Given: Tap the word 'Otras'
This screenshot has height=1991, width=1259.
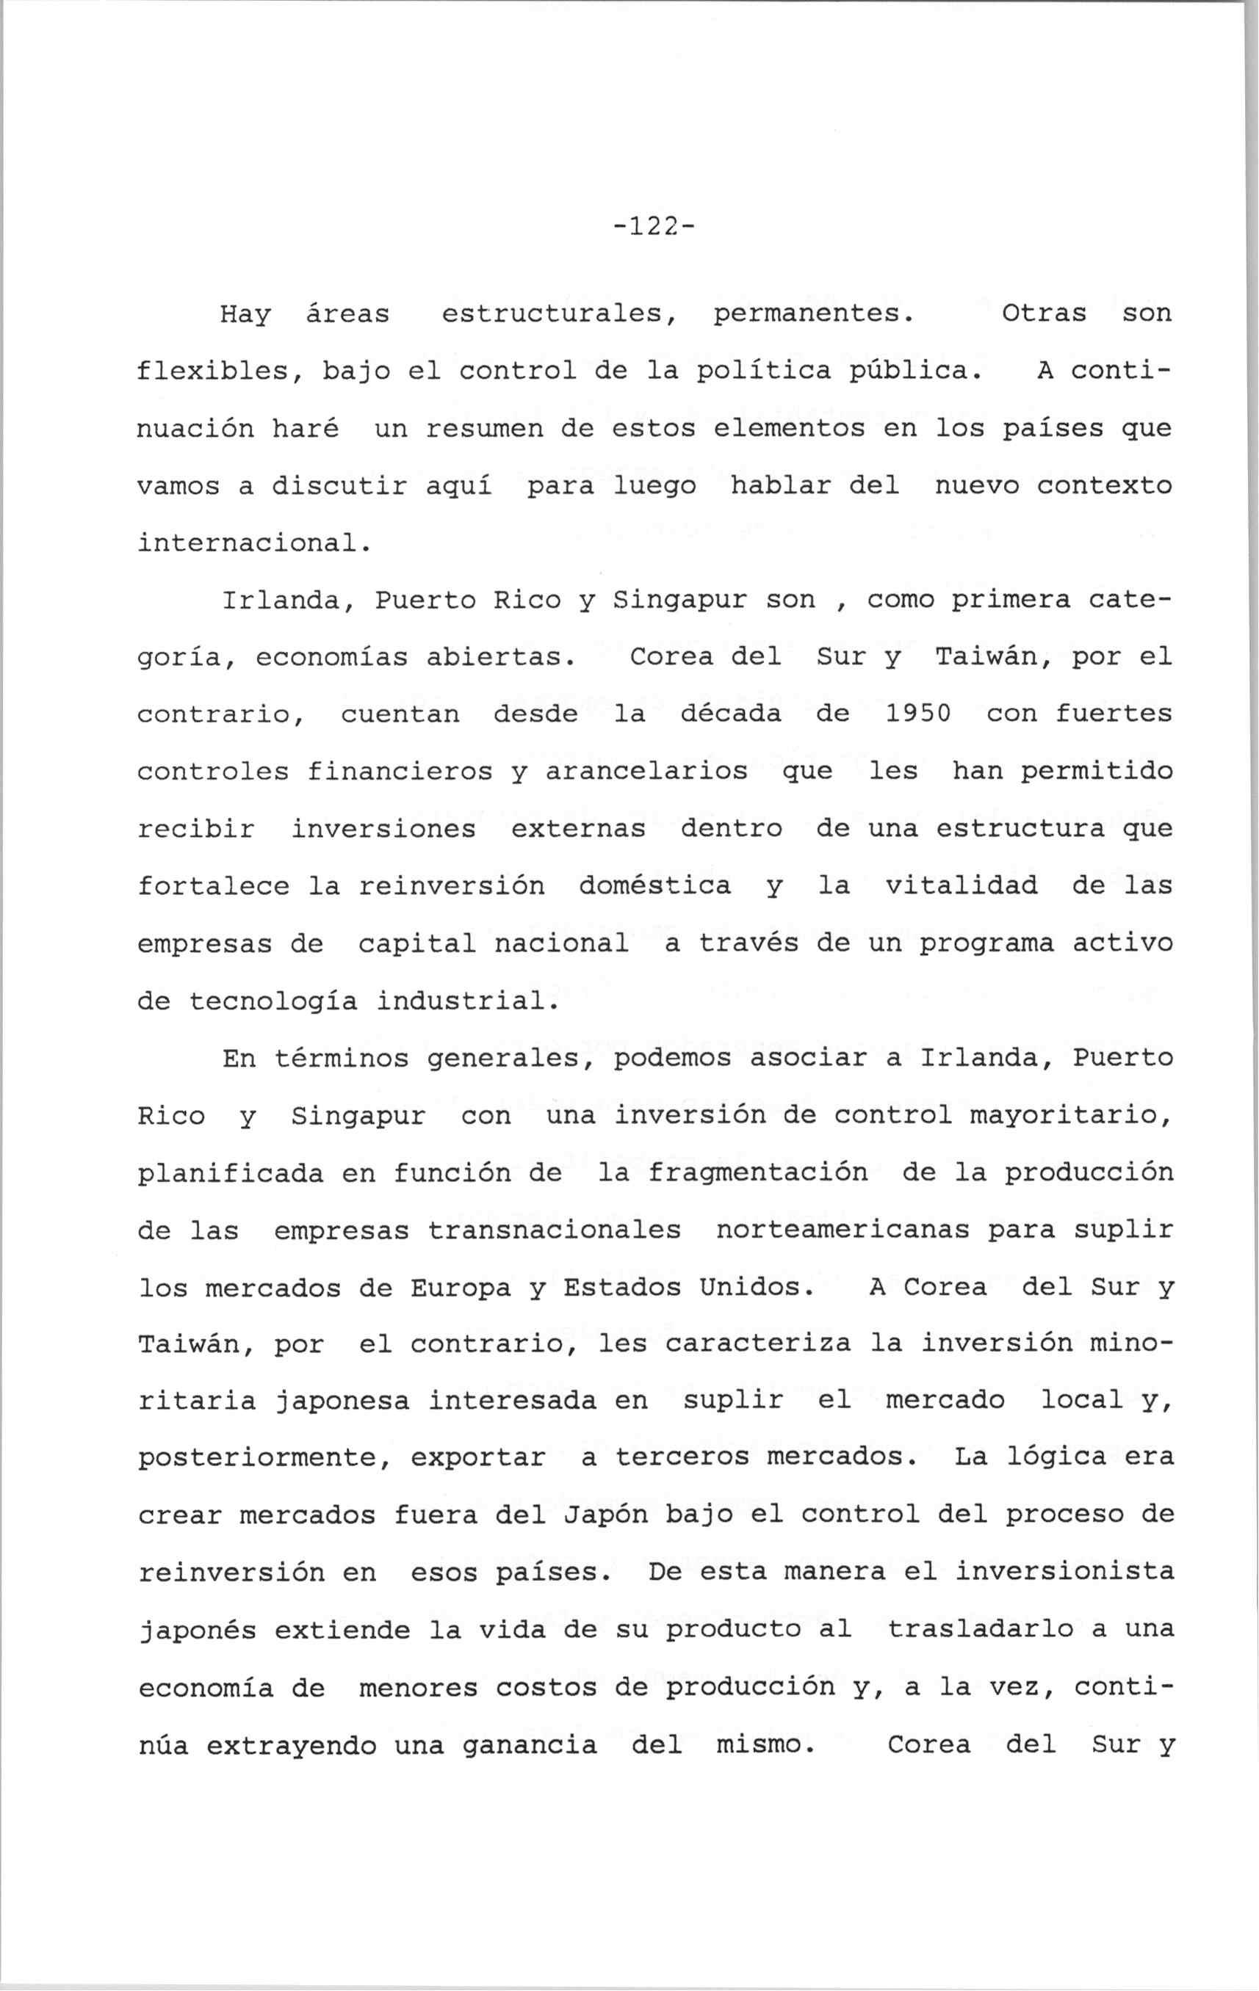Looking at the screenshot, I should (1044, 314).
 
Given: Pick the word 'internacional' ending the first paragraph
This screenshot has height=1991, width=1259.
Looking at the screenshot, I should (248, 543).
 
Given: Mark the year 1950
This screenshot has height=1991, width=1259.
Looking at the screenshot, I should (918, 714).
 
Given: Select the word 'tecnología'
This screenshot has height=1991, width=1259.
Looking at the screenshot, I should (273, 1001).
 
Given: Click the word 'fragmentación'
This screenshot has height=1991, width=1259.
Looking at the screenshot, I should (758, 1173).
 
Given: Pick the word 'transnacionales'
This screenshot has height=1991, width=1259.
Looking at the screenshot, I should (555, 1230).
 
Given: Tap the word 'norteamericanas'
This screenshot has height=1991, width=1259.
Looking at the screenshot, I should (842, 1230).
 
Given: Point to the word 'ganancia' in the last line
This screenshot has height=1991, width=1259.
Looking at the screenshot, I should (546, 1746).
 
